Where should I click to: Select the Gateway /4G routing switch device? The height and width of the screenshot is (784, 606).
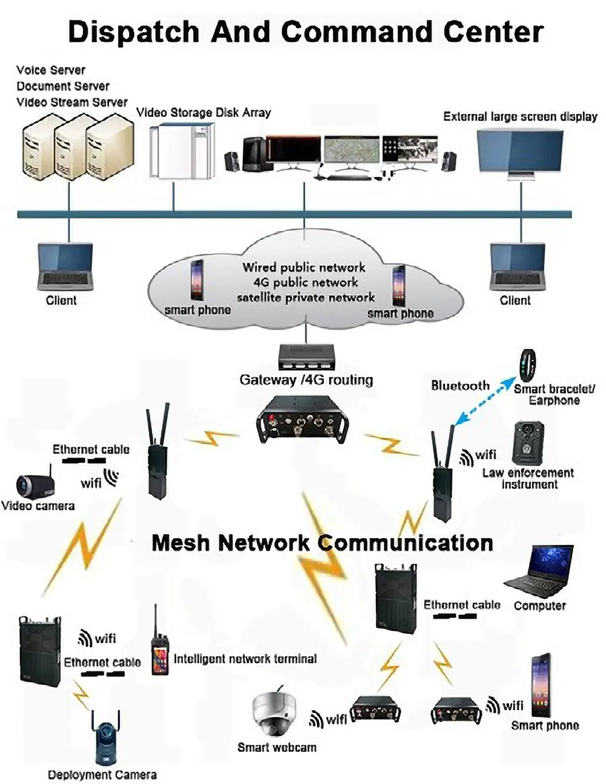tap(307, 357)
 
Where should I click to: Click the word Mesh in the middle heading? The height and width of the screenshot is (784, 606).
tap(181, 542)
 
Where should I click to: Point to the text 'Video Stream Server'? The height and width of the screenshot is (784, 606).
tap(72, 102)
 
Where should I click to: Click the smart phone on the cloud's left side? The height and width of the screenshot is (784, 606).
tap(197, 280)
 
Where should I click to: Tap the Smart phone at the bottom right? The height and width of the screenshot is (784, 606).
tap(541, 685)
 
